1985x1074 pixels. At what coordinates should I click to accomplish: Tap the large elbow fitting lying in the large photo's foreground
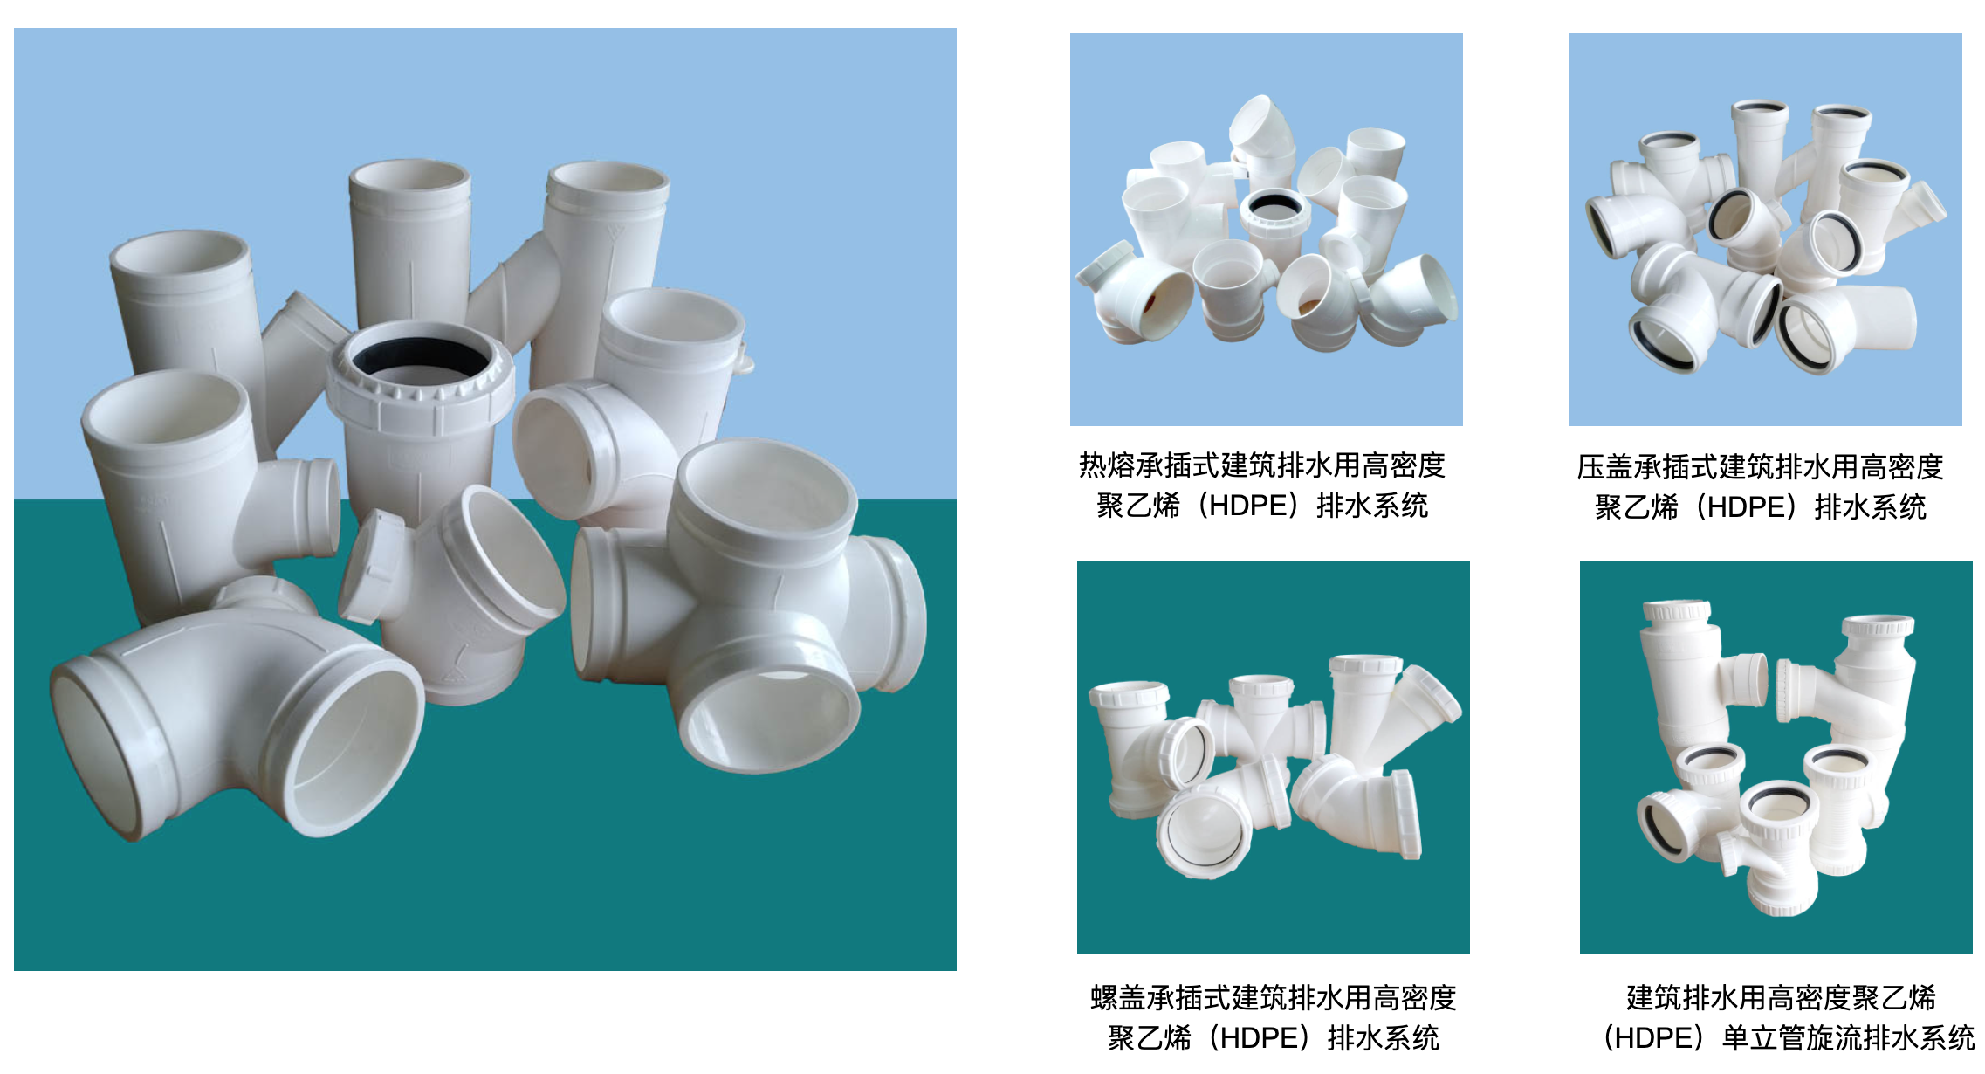[236, 716]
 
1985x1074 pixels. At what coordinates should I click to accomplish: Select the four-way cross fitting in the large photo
[751, 602]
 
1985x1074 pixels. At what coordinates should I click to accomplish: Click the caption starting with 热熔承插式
[1262, 485]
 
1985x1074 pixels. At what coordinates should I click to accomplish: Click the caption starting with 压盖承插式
[1760, 487]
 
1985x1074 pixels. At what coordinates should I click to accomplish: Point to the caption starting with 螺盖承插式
[1274, 1017]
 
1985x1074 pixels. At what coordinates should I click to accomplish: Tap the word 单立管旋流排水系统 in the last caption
[1848, 1037]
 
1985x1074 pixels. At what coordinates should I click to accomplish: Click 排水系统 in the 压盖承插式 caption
[1871, 507]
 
